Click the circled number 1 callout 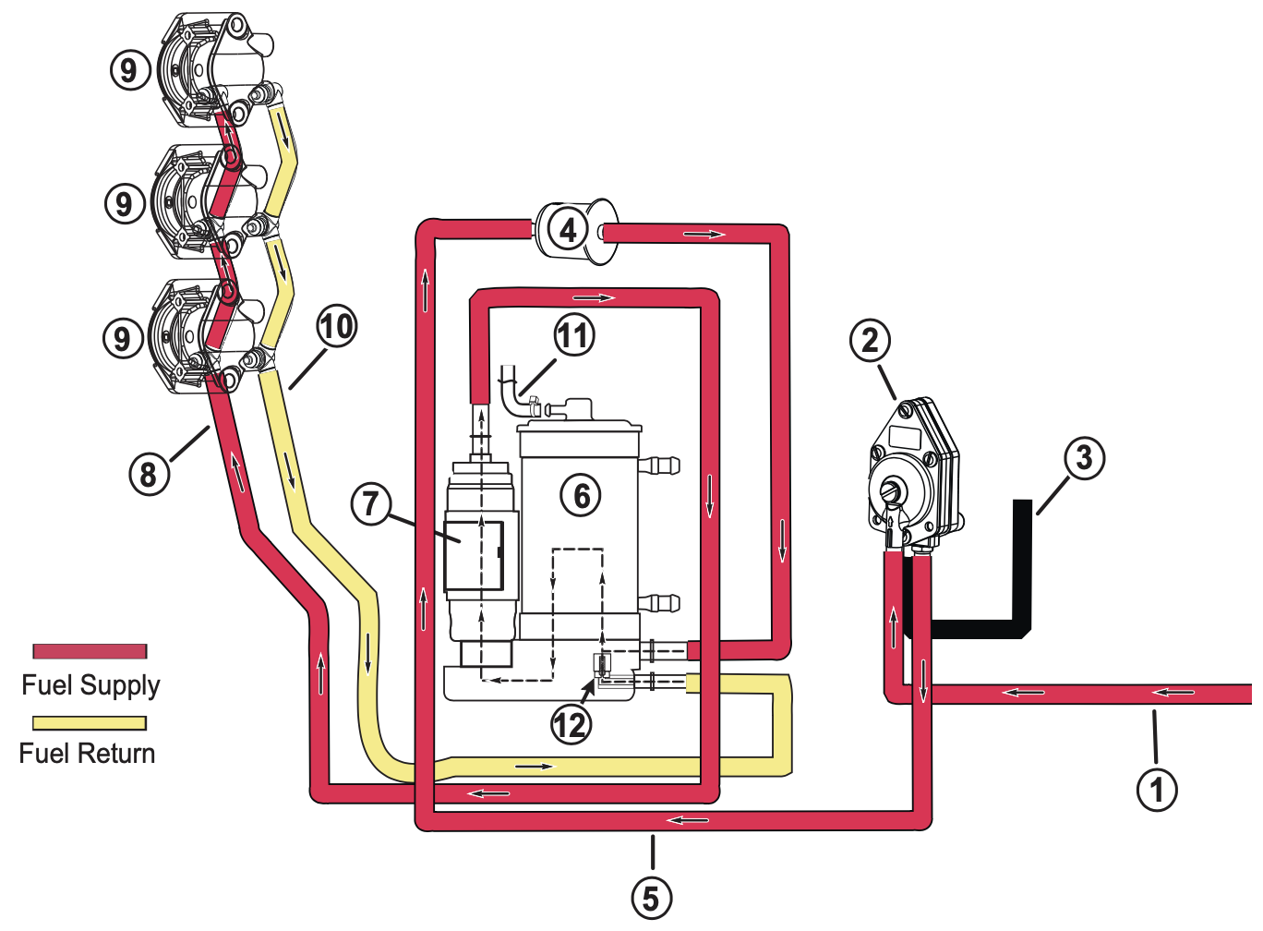(1156, 790)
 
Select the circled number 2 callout (870, 341)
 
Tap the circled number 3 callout (1084, 457)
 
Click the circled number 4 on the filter (568, 229)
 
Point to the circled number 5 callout (651, 898)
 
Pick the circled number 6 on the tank (581, 496)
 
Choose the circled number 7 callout (371, 503)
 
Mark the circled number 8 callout (149, 474)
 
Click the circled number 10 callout (336, 326)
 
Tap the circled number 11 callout (573, 335)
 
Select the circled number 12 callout (570, 725)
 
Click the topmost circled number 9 (129, 69)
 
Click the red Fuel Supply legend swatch (90, 651)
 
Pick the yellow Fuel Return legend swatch (90, 723)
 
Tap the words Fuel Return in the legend (87, 754)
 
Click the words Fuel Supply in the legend (90, 685)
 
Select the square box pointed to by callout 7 (474, 556)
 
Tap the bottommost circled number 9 (122, 338)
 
